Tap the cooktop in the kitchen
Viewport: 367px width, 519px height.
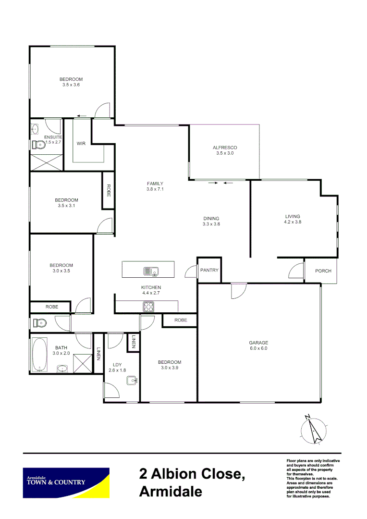148,306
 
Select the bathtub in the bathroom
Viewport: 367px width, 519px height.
39,355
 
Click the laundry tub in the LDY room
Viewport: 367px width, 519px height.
132,381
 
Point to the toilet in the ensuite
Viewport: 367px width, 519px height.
37,144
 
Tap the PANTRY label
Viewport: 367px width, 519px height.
209,270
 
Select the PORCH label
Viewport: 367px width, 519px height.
323,271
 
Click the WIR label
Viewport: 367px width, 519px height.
81,144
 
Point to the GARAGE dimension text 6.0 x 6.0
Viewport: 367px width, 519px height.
258,348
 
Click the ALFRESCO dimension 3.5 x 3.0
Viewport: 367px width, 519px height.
225,153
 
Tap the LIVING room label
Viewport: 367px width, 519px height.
293,216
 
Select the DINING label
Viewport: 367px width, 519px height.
211,218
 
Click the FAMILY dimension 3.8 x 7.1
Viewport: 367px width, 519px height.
155,189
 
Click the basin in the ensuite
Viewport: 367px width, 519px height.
35,129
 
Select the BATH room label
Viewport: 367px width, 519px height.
61,348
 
